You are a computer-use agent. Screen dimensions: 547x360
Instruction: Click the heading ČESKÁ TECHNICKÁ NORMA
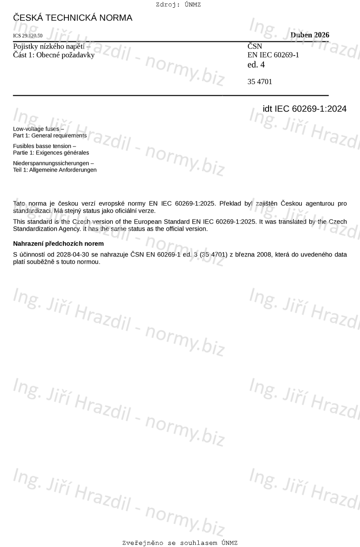pos(72,18)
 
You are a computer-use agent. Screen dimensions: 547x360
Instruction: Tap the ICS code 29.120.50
pos(28,36)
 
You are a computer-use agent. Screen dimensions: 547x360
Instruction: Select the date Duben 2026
pos(310,35)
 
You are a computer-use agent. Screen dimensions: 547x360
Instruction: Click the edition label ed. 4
pos(256,65)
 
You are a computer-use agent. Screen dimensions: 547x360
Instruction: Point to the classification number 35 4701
pos(260,82)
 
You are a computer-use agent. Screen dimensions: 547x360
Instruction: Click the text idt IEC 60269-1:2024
pos(304,109)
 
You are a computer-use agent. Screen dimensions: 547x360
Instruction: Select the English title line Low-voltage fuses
pos(38,129)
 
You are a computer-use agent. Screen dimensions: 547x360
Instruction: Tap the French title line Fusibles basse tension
pos(44,146)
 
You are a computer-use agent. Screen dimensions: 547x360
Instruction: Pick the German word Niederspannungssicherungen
pos(53,163)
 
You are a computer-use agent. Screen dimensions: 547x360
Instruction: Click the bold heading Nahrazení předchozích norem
pos(58,244)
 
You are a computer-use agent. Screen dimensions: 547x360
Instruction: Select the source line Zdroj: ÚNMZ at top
pos(178,5)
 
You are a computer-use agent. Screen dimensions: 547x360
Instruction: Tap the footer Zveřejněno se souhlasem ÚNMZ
pos(180,543)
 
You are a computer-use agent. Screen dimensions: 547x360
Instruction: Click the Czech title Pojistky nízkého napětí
pos(51,46)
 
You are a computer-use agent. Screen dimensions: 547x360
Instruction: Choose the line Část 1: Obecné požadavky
pos(53,55)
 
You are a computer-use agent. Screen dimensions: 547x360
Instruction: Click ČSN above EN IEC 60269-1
pos(255,46)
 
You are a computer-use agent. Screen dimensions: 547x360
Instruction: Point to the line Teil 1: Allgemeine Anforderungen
pos(55,170)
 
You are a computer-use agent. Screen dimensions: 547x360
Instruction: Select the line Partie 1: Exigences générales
pos(51,153)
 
